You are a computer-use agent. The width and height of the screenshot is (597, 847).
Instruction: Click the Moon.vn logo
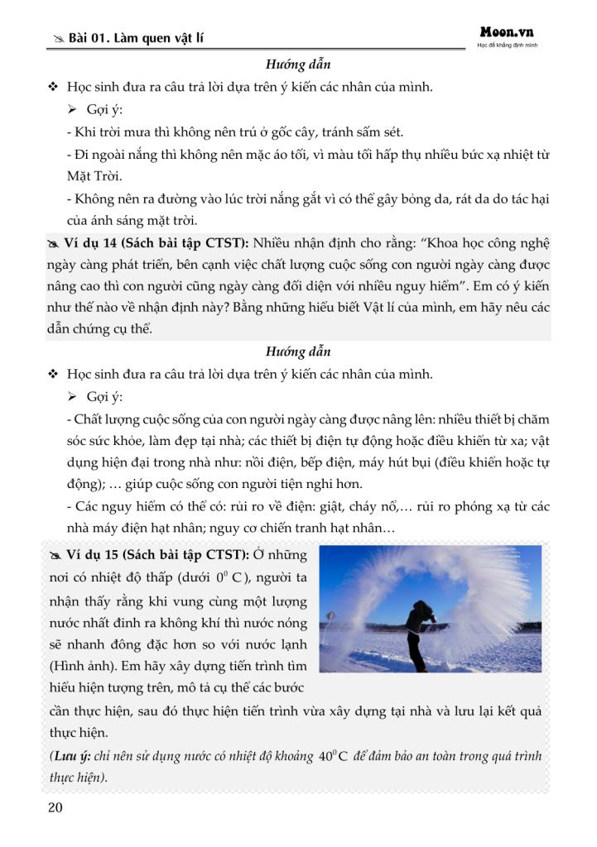pyautogui.click(x=507, y=31)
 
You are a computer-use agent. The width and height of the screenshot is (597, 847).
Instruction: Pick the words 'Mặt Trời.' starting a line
pyautogui.click(x=94, y=176)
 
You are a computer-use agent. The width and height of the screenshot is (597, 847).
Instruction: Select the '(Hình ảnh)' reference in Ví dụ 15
pyautogui.click(x=84, y=665)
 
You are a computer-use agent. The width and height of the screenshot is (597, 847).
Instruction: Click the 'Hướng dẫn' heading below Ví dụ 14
pyautogui.click(x=298, y=351)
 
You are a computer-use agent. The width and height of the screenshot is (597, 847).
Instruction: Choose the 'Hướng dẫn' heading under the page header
pyautogui.click(x=298, y=64)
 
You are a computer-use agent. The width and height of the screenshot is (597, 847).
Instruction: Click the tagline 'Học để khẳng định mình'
pyautogui.click(x=507, y=45)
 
